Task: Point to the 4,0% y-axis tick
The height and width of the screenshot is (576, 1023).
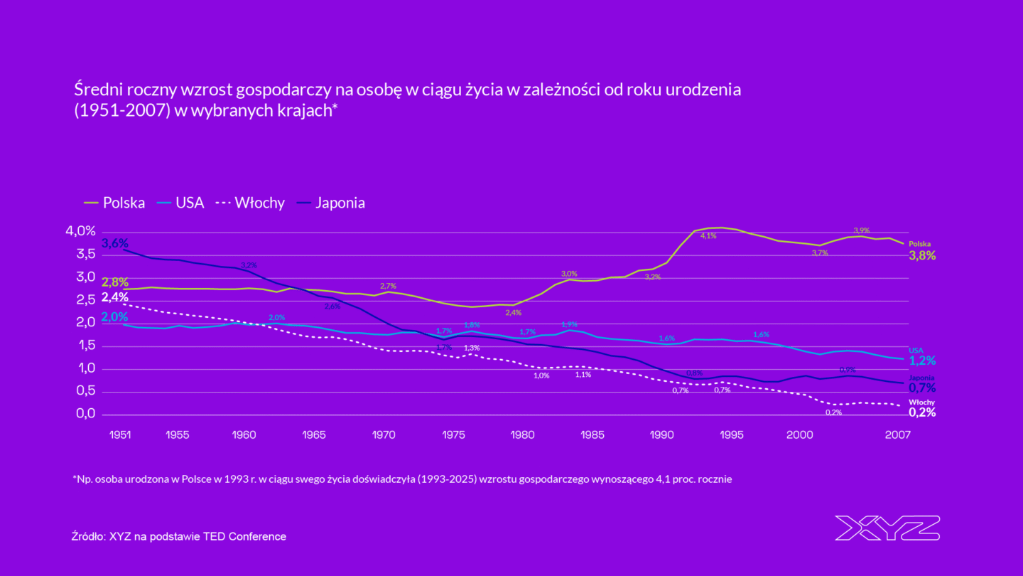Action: point(80,231)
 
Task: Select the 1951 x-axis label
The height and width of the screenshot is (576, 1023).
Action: point(119,434)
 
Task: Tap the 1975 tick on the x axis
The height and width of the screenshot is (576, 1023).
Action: point(454,434)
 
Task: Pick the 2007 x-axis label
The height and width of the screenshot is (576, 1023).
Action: point(897,434)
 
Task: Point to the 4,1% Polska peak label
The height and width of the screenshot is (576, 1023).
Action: point(708,235)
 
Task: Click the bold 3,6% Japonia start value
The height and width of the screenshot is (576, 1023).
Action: point(115,243)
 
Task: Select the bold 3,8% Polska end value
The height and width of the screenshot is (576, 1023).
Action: point(922,256)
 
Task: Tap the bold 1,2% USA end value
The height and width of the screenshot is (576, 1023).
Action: point(922,361)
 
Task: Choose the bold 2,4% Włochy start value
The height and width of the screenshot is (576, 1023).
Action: point(115,297)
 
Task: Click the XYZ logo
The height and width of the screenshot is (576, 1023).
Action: point(887,528)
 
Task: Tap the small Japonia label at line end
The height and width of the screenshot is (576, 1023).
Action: point(921,378)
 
